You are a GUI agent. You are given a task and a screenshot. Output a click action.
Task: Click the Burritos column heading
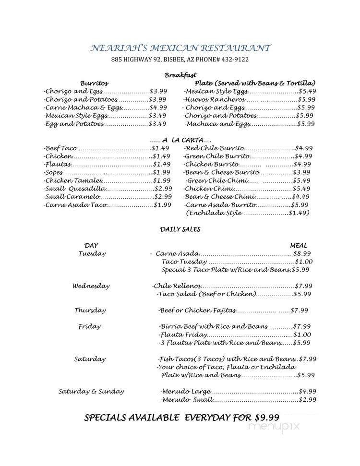95,83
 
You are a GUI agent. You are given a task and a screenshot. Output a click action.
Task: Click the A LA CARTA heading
180,140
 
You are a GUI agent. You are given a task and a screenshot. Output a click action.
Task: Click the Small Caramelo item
72,197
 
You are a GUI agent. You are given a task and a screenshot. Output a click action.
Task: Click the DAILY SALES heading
180,229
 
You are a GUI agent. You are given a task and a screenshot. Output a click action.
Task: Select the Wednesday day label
91,286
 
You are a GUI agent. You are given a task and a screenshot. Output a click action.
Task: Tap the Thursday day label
90,310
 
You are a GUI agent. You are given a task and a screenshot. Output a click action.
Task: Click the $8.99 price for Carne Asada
302,253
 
